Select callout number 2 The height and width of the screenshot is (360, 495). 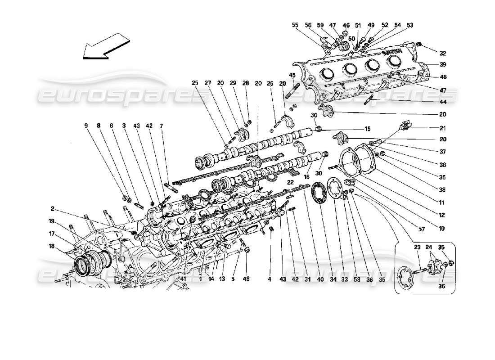53,209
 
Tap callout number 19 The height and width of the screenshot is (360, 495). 53,221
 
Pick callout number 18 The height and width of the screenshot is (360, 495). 53,246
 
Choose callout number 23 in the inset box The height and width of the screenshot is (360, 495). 418,247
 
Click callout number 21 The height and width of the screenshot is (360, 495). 442,128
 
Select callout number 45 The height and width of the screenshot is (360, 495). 292,75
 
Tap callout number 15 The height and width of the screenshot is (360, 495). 367,129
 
